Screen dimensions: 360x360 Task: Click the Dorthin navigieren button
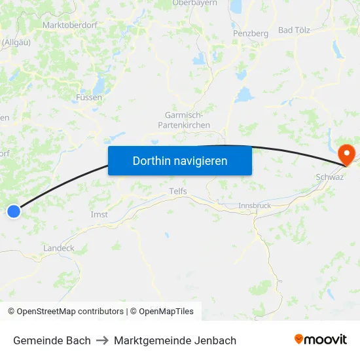click(x=180, y=160)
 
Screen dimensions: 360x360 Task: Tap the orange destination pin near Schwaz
click(x=346, y=155)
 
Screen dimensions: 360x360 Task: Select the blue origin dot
click(x=14, y=211)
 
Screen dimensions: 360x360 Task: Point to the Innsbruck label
click(x=255, y=205)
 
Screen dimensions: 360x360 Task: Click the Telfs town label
click(x=177, y=191)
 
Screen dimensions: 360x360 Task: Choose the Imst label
click(x=99, y=214)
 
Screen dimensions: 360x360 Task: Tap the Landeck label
click(x=59, y=248)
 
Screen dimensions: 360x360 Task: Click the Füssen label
click(x=88, y=98)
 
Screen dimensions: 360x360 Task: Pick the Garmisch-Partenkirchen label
click(x=187, y=120)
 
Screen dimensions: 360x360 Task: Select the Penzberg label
click(x=251, y=33)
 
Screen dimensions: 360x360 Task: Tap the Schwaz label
click(x=330, y=177)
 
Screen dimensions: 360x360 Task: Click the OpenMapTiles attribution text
click(x=166, y=312)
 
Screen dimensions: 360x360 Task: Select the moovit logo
click(x=321, y=339)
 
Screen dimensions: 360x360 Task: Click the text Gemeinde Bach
click(x=52, y=340)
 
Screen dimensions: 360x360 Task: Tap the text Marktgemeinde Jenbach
click(x=175, y=340)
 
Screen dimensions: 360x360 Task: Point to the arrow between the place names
click(x=102, y=340)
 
